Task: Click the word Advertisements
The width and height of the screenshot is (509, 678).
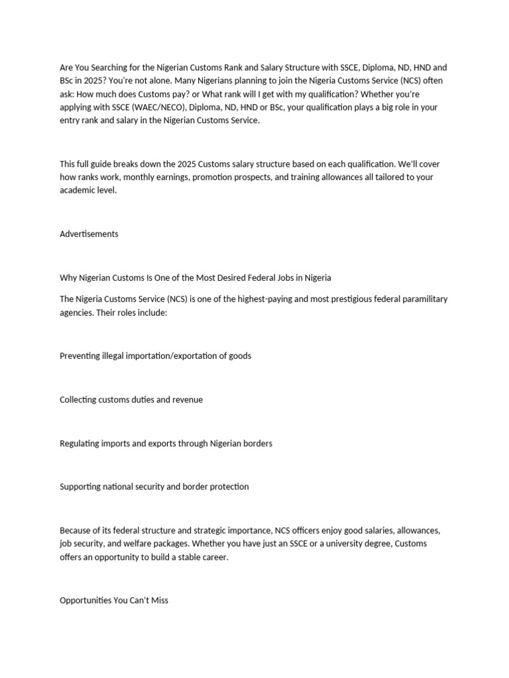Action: pyautogui.click(x=89, y=234)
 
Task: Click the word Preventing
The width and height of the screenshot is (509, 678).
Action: pyautogui.click(x=80, y=356)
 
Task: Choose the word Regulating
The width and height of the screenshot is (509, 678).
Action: pyautogui.click(x=80, y=443)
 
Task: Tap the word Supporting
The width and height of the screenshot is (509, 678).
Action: pyautogui.click(x=80, y=487)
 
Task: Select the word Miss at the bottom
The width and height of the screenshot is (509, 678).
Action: pyautogui.click(x=160, y=601)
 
